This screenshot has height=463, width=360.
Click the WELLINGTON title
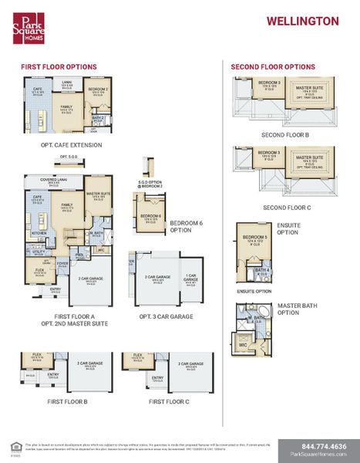pos(302,22)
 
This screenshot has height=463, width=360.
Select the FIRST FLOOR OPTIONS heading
pos(58,67)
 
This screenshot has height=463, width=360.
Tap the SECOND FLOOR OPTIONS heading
pos(273,67)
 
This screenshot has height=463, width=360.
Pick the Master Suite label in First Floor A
pos(100,194)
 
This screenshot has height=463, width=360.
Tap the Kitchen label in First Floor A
pos(39,232)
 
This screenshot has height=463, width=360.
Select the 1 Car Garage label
pos(190,279)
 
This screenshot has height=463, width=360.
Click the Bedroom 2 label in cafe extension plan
pos(98,90)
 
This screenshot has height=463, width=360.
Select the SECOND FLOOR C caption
pos(285,207)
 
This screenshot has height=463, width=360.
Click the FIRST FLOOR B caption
pos(67,402)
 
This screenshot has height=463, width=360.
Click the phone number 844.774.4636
pos(318,446)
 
